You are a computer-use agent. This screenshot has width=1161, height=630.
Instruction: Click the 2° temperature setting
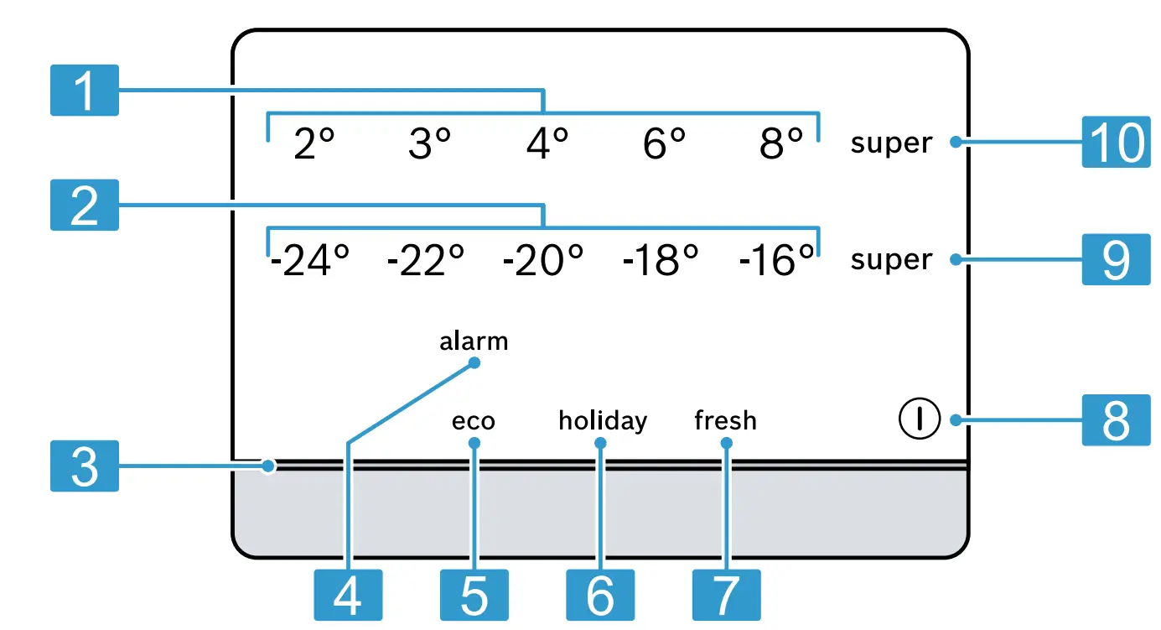pyautogui.click(x=314, y=144)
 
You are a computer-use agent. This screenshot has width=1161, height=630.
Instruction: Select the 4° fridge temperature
pyautogui.click(x=547, y=144)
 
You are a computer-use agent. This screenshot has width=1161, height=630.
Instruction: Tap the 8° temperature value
pyautogui.click(x=781, y=144)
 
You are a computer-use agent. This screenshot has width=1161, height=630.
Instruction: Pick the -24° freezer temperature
pyautogui.click(x=309, y=261)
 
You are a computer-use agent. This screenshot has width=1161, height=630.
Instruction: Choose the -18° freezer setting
pyautogui.click(x=661, y=261)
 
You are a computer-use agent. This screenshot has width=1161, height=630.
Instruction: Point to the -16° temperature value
pyautogui.click(x=777, y=261)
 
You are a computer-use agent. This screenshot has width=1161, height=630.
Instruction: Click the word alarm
pyautogui.click(x=474, y=342)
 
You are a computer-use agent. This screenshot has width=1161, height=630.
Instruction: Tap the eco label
pyautogui.click(x=474, y=420)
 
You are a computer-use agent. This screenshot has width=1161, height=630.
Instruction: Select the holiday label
pyautogui.click(x=603, y=420)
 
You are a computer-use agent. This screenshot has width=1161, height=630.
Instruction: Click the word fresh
pyautogui.click(x=726, y=420)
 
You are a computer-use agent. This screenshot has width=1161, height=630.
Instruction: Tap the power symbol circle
pyautogui.click(x=919, y=418)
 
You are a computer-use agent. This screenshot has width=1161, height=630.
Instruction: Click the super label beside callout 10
pyautogui.click(x=891, y=143)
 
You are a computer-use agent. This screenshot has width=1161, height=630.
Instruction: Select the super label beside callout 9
pyautogui.click(x=891, y=260)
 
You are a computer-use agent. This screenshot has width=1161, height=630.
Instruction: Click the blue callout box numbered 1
pyautogui.click(x=84, y=90)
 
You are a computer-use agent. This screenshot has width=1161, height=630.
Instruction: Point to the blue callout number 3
pyautogui.click(x=84, y=466)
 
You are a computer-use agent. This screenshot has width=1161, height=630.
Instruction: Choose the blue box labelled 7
pyautogui.click(x=726, y=595)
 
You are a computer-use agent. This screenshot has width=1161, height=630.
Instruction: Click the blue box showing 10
pyautogui.click(x=1115, y=143)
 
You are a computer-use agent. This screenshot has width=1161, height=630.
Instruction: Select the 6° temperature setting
pyautogui.click(x=665, y=144)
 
